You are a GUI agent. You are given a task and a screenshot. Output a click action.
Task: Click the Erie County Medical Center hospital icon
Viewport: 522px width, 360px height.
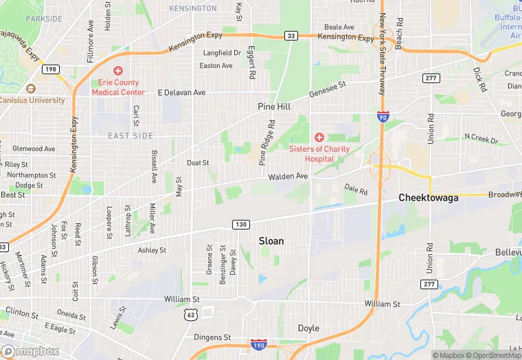pos(118,71)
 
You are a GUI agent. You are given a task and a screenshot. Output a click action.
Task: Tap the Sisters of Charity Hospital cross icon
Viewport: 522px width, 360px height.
pos(319,138)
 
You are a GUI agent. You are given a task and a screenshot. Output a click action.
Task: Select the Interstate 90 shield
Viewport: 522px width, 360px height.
pos(381,117)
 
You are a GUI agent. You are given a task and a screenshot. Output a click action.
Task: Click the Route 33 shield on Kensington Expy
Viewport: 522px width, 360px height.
pos(291,36)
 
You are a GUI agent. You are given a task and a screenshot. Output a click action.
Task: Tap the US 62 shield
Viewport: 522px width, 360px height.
pos(192,315)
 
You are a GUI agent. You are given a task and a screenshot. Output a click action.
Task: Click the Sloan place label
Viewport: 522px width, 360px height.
pos(271,241)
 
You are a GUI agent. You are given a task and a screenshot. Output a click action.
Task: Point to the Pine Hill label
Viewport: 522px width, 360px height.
pos(274,107)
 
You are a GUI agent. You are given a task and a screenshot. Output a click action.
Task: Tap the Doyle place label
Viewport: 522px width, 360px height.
pos(308,328)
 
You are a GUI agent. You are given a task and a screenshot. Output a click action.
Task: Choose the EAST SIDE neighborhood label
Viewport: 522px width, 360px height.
pos(130,136)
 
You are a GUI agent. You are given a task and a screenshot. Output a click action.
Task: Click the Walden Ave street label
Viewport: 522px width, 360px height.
pos(288,177)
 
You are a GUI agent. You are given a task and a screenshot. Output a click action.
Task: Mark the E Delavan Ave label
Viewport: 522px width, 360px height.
pos(181,92)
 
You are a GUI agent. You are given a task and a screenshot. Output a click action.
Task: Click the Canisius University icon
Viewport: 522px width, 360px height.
pos(30,89)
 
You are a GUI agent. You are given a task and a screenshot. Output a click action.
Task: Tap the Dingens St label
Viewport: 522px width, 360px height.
pos(212,337)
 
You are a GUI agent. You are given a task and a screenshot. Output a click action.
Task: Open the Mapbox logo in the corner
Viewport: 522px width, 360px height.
pos(30,351)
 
